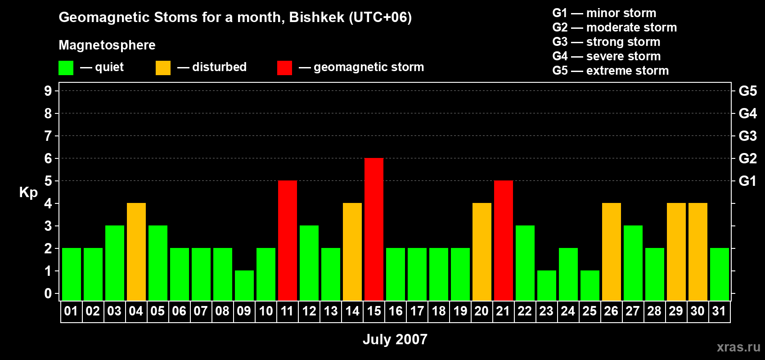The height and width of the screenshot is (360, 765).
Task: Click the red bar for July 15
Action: pyautogui.click(x=374, y=229)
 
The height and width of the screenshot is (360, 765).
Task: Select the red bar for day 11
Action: pyautogui.click(x=288, y=240)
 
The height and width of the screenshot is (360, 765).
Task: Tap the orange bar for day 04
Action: pyautogui.click(x=136, y=252)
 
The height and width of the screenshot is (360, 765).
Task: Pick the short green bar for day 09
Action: pyautogui.click(x=244, y=285)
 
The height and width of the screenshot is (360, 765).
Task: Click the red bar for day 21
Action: pyautogui.click(x=504, y=240)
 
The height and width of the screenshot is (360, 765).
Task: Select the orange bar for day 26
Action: pyautogui.click(x=612, y=252)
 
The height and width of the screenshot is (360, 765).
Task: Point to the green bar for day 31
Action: pyautogui.click(x=720, y=274)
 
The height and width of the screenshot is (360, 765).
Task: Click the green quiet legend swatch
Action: pyautogui.click(x=66, y=68)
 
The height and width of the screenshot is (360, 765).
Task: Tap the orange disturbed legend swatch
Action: pyautogui.click(x=163, y=68)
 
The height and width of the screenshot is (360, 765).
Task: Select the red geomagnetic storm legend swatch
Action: pyautogui.click(x=284, y=68)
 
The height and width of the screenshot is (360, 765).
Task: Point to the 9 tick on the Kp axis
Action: pyautogui.click(x=48, y=91)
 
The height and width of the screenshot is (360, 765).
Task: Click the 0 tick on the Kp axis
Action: pyautogui.click(x=48, y=294)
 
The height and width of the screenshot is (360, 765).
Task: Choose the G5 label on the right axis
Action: pyautogui.click(x=747, y=91)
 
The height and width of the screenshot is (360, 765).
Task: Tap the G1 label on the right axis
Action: pyautogui.click(x=747, y=181)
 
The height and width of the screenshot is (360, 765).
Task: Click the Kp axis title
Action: pyautogui.click(x=28, y=193)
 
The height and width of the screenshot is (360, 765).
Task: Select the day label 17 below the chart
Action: pyautogui.click(x=417, y=311)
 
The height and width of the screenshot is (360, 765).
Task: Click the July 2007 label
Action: pyautogui.click(x=395, y=339)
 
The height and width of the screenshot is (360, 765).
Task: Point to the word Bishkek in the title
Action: pyautogui.click(x=316, y=18)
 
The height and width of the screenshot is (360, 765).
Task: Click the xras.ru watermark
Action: pyautogui.click(x=738, y=347)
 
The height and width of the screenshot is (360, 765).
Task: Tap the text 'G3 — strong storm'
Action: pyautogui.click(x=606, y=42)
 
